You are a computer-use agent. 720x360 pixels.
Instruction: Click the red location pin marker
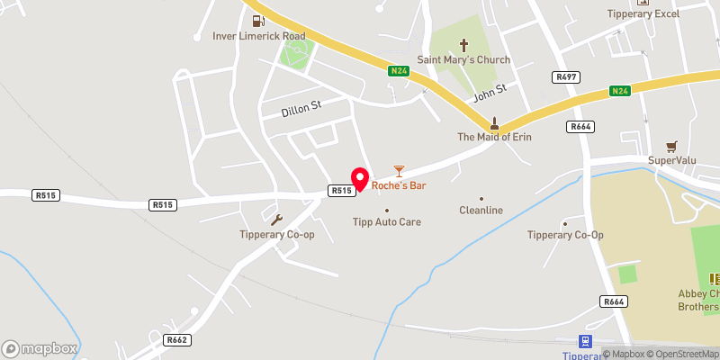360,180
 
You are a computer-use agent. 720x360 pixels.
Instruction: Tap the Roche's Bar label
398,186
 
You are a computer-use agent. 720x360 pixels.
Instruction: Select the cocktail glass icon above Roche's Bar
399,169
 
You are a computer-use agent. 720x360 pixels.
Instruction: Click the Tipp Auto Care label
386,221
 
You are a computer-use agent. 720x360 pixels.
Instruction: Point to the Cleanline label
481,211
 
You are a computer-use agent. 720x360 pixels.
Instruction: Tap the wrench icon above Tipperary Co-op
276,220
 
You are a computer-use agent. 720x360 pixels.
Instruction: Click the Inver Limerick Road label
258,36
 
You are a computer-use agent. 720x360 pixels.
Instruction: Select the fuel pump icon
258,20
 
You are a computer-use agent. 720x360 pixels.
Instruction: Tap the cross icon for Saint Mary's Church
464,43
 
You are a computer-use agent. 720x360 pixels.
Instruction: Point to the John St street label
490,91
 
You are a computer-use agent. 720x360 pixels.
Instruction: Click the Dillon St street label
291,108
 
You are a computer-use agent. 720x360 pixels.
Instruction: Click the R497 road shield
566,78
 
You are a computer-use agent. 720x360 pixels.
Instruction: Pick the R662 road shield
176,340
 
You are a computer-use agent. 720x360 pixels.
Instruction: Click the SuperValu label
673,161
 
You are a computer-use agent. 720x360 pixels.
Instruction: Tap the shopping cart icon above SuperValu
670,146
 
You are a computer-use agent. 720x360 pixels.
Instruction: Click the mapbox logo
40,347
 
